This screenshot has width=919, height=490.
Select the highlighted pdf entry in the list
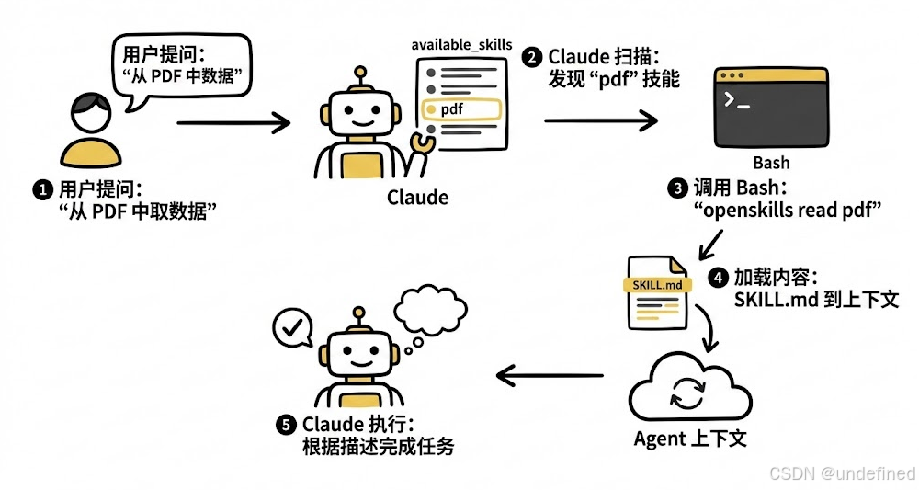[459, 109]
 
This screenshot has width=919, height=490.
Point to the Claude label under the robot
[417, 198]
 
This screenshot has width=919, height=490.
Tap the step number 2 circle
[532, 58]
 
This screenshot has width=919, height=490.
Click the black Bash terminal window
[770, 107]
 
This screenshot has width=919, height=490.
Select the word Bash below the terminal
[770, 163]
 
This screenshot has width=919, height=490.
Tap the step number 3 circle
[678, 188]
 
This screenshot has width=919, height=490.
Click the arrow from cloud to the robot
[549, 375]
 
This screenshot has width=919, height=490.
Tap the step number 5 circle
[287, 425]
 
